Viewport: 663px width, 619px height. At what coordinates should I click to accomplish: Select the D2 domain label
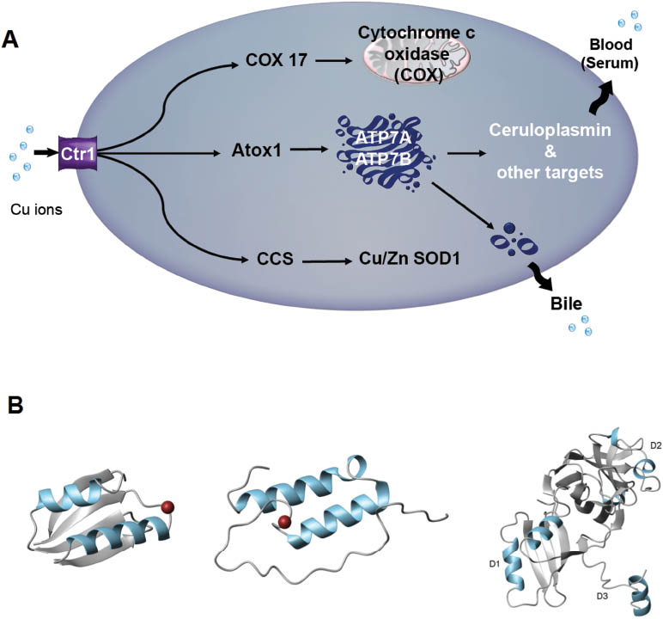655,444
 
